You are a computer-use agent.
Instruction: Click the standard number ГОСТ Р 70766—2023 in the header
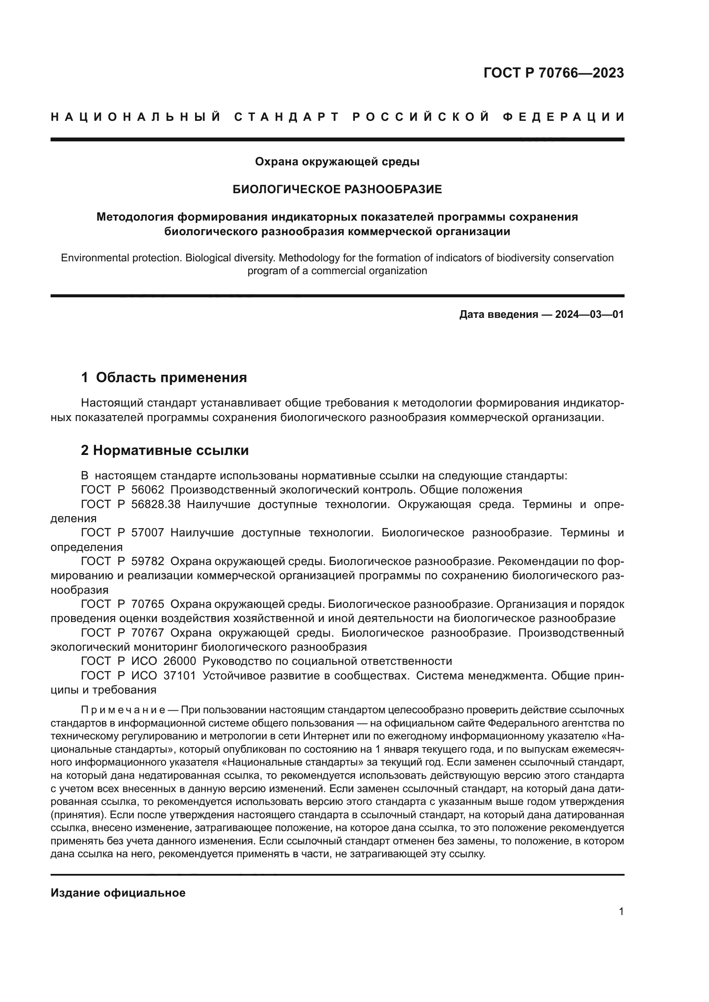tap(553, 73)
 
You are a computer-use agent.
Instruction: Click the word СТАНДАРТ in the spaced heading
tap(287, 117)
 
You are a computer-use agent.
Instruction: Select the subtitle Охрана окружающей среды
tap(337, 162)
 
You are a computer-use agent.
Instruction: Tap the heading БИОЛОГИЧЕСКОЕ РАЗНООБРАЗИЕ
tap(337, 189)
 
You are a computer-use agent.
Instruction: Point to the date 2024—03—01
tap(589, 315)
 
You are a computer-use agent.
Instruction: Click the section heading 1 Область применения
tap(164, 377)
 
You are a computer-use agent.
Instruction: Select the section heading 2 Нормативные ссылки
tap(165, 450)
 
